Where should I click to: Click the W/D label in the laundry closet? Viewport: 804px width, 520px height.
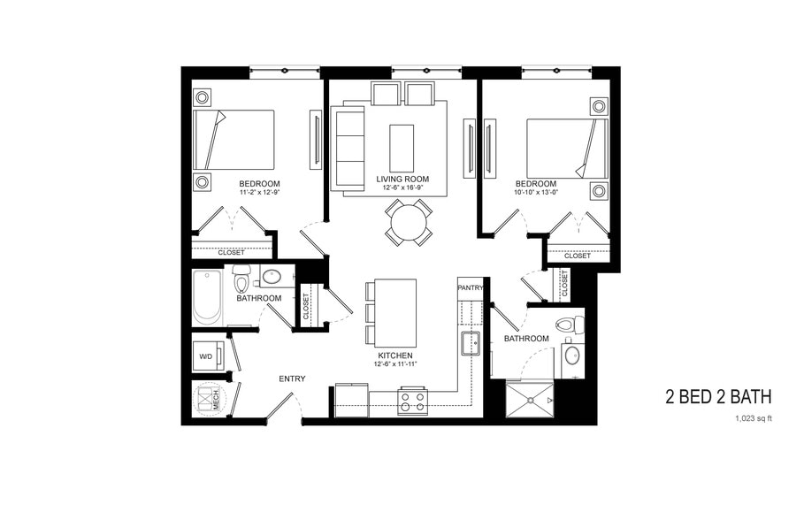click(x=205, y=357)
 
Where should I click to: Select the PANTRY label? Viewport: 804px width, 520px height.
click(x=470, y=287)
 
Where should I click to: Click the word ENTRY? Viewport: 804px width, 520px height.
click(x=292, y=379)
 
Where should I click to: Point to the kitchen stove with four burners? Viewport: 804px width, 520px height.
click(x=412, y=401)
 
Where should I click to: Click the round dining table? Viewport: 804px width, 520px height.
click(x=409, y=223)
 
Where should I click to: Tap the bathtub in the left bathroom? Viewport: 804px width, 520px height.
click(x=209, y=297)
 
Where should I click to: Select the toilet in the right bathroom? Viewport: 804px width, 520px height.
click(x=572, y=324)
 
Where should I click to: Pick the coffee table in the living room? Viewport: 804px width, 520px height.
click(x=402, y=148)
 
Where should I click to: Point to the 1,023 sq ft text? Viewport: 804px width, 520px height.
click(x=753, y=419)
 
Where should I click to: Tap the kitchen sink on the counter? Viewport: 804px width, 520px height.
click(x=469, y=342)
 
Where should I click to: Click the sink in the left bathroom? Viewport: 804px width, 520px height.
click(x=272, y=277)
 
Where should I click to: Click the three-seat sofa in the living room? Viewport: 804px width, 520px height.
click(x=346, y=148)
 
